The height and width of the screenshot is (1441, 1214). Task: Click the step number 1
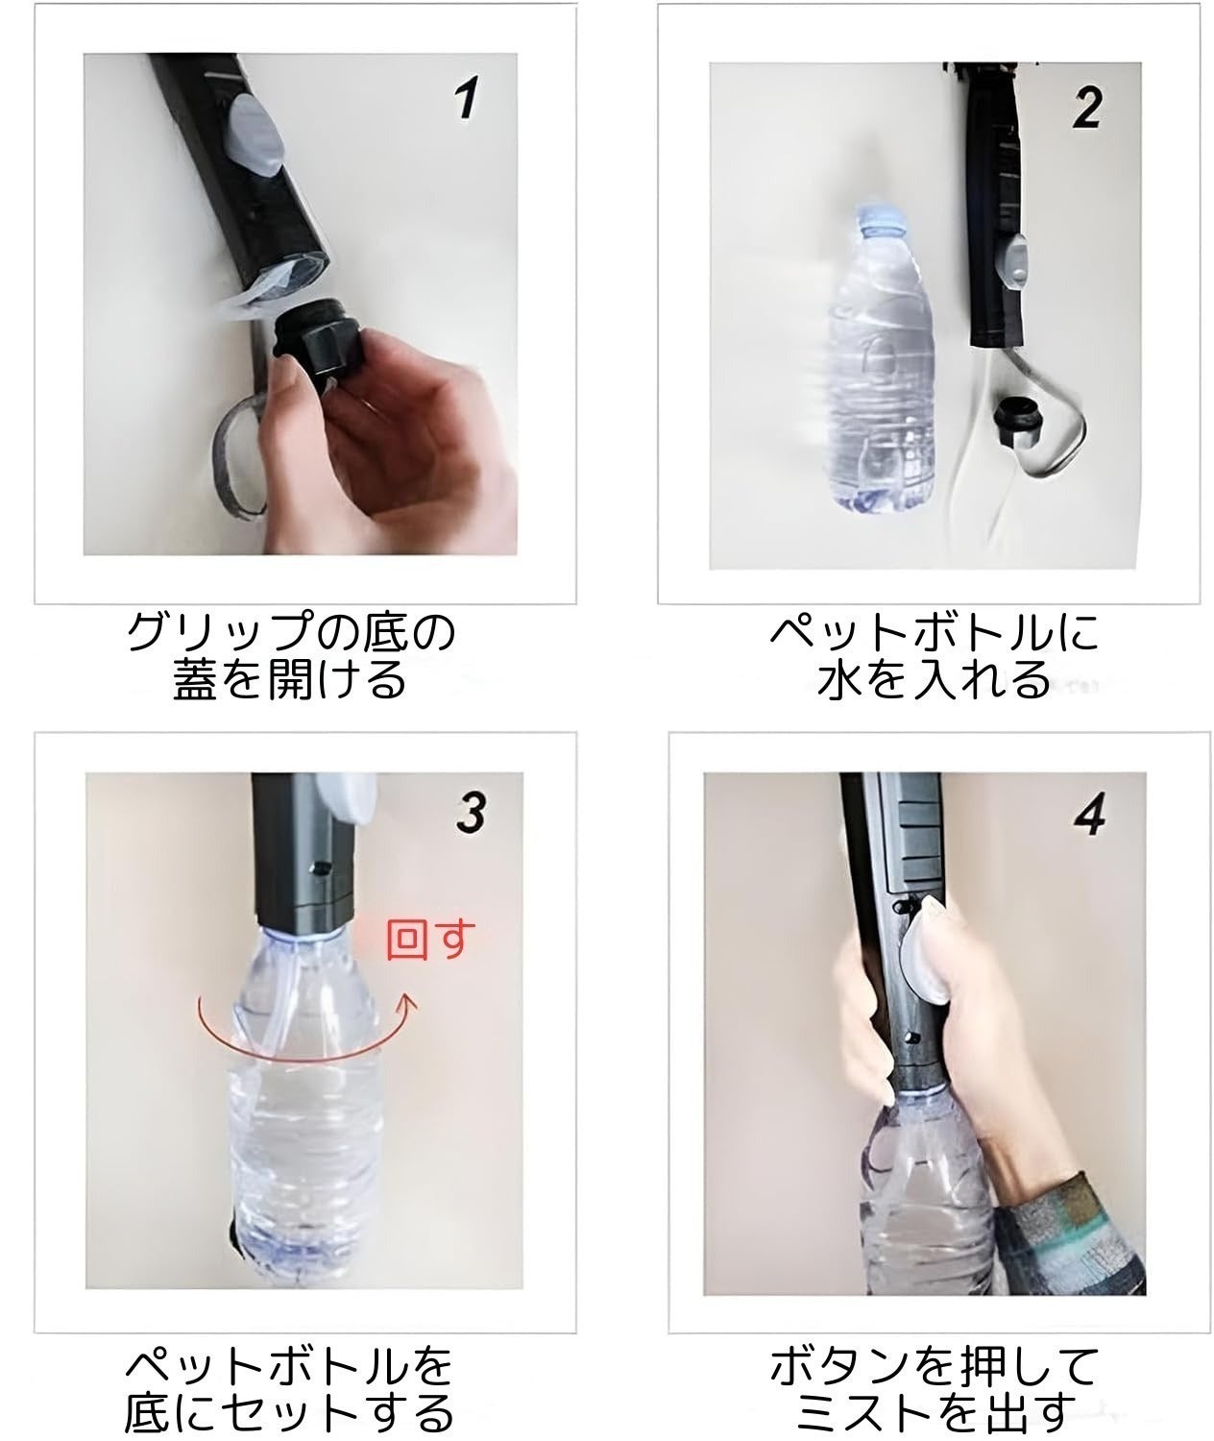[x=467, y=99]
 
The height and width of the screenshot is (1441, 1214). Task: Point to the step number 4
[x=1092, y=814]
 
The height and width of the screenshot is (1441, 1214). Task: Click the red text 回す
[x=430, y=940]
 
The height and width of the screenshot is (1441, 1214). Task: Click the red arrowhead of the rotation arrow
[x=410, y=1005]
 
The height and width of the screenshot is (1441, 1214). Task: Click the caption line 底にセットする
[x=288, y=1412]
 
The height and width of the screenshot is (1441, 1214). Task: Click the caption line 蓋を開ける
[x=288, y=681]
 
